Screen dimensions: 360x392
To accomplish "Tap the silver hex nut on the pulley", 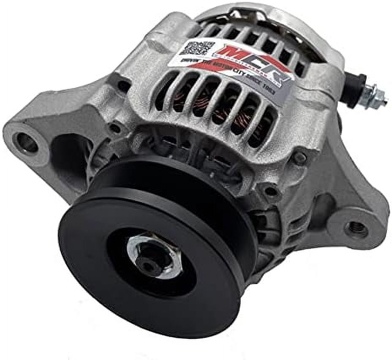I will click(x=154, y=254).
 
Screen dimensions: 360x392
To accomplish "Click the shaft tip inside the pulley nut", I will click(x=150, y=264).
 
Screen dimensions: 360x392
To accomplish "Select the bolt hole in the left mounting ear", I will click(x=27, y=142).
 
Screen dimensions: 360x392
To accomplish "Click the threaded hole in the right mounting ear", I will click(x=356, y=229).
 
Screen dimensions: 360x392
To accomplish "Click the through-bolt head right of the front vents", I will click(x=300, y=159).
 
